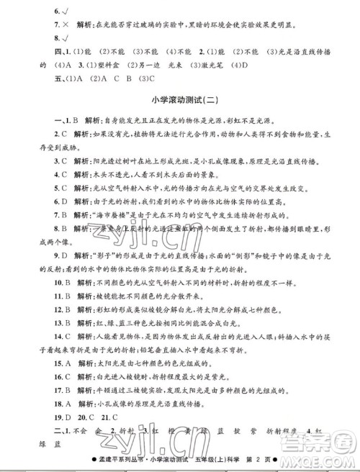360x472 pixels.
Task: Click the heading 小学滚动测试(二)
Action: coord(180,101)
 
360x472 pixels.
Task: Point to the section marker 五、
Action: coord(32,78)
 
